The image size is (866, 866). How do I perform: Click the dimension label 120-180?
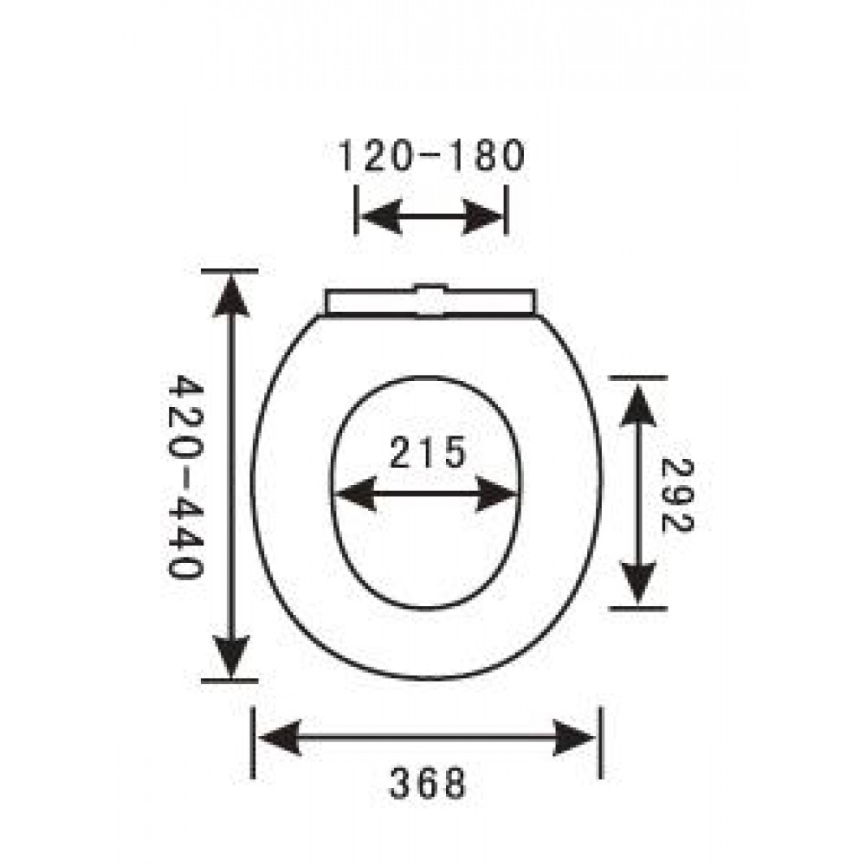point(430,156)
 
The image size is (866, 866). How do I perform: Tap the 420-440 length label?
point(186,477)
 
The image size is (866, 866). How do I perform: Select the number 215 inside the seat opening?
point(428,452)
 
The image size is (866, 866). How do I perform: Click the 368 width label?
point(428,783)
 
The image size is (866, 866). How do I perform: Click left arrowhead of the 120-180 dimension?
point(380,216)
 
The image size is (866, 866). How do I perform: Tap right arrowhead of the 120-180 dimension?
point(482,216)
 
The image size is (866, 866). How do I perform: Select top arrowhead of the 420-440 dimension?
point(231,296)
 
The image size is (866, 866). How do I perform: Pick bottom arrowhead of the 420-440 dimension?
point(231,656)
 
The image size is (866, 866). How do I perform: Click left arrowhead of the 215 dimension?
point(356,494)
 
